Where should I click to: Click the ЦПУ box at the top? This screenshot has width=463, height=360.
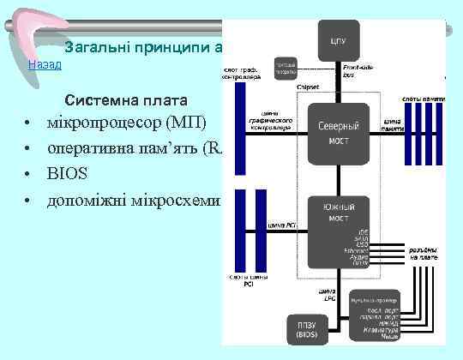(x=333, y=40)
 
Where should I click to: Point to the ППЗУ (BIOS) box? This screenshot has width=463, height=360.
(x=304, y=330)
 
